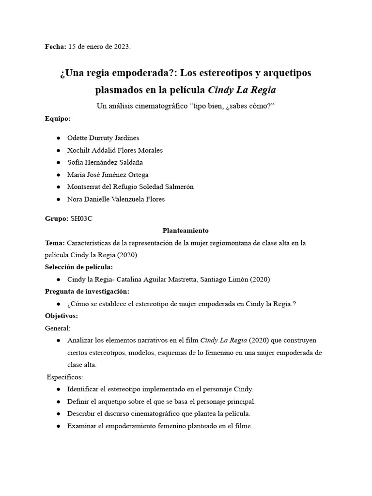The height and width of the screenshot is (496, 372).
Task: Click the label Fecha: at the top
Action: pos(56,47)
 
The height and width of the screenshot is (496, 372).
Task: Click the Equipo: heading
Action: pos(58,118)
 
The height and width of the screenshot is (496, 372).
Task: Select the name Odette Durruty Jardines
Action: pos(103,138)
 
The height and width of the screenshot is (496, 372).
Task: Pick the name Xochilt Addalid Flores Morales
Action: pos(115,150)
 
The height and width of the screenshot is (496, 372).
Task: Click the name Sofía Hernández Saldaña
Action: pos(105,162)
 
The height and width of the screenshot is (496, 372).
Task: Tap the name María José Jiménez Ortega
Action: pos(108,174)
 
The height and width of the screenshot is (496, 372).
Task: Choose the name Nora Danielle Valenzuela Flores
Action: pos(116,199)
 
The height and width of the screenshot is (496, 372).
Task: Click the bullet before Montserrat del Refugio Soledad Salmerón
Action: pos(59,187)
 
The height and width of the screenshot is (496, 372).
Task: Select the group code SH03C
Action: pos(81,218)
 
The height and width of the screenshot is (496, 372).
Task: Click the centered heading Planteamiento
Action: pos(186,231)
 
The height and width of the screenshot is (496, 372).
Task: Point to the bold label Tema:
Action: pos(55,243)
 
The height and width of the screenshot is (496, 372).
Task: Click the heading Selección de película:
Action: pos(78,267)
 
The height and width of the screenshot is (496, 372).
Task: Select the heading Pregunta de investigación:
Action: pos(87,291)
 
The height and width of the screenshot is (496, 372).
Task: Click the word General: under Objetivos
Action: pos(57,328)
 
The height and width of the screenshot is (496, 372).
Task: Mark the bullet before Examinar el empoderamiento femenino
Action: pos(59,426)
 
